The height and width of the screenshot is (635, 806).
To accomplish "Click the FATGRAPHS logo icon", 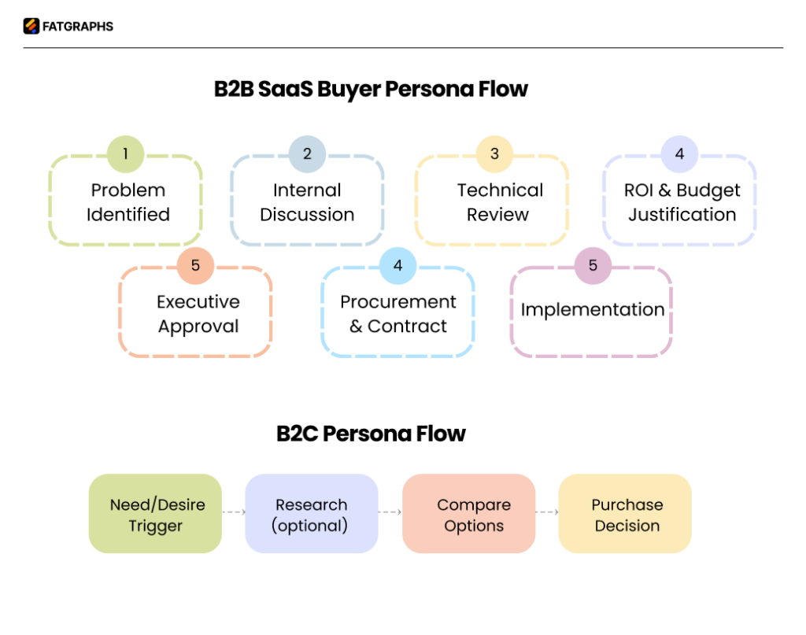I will pyautogui.click(x=31, y=27).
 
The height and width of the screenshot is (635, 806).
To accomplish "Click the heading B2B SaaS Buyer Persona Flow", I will pyautogui.click(x=371, y=89).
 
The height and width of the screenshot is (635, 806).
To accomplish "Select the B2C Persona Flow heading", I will pyautogui.click(x=371, y=434).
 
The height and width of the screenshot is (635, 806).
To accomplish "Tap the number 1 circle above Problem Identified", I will pyautogui.click(x=125, y=154).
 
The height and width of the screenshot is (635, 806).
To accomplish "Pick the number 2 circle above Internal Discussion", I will pyautogui.click(x=307, y=154).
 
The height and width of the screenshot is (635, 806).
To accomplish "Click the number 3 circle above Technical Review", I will pyautogui.click(x=494, y=154).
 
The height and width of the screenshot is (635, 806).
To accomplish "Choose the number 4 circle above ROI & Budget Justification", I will pyautogui.click(x=679, y=154).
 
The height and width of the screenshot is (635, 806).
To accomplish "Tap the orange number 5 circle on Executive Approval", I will pyautogui.click(x=195, y=266).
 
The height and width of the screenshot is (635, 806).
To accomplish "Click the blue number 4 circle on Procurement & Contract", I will pyautogui.click(x=397, y=266).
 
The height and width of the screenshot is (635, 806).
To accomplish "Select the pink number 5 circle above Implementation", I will pyautogui.click(x=593, y=266).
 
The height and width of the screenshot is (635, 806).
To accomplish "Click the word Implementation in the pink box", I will pyautogui.click(x=593, y=310).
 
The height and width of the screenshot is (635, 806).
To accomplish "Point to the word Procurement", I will pyautogui.click(x=397, y=302).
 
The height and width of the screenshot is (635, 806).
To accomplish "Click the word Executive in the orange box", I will pyautogui.click(x=198, y=302).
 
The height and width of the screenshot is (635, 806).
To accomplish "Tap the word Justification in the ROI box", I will pyautogui.click(x=682, y=215).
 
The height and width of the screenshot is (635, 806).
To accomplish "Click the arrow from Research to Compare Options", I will pyautogui.click(x=390, y=512).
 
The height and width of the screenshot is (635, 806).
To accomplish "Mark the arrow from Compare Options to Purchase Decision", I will pyautogui.click(x=547, y=512).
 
